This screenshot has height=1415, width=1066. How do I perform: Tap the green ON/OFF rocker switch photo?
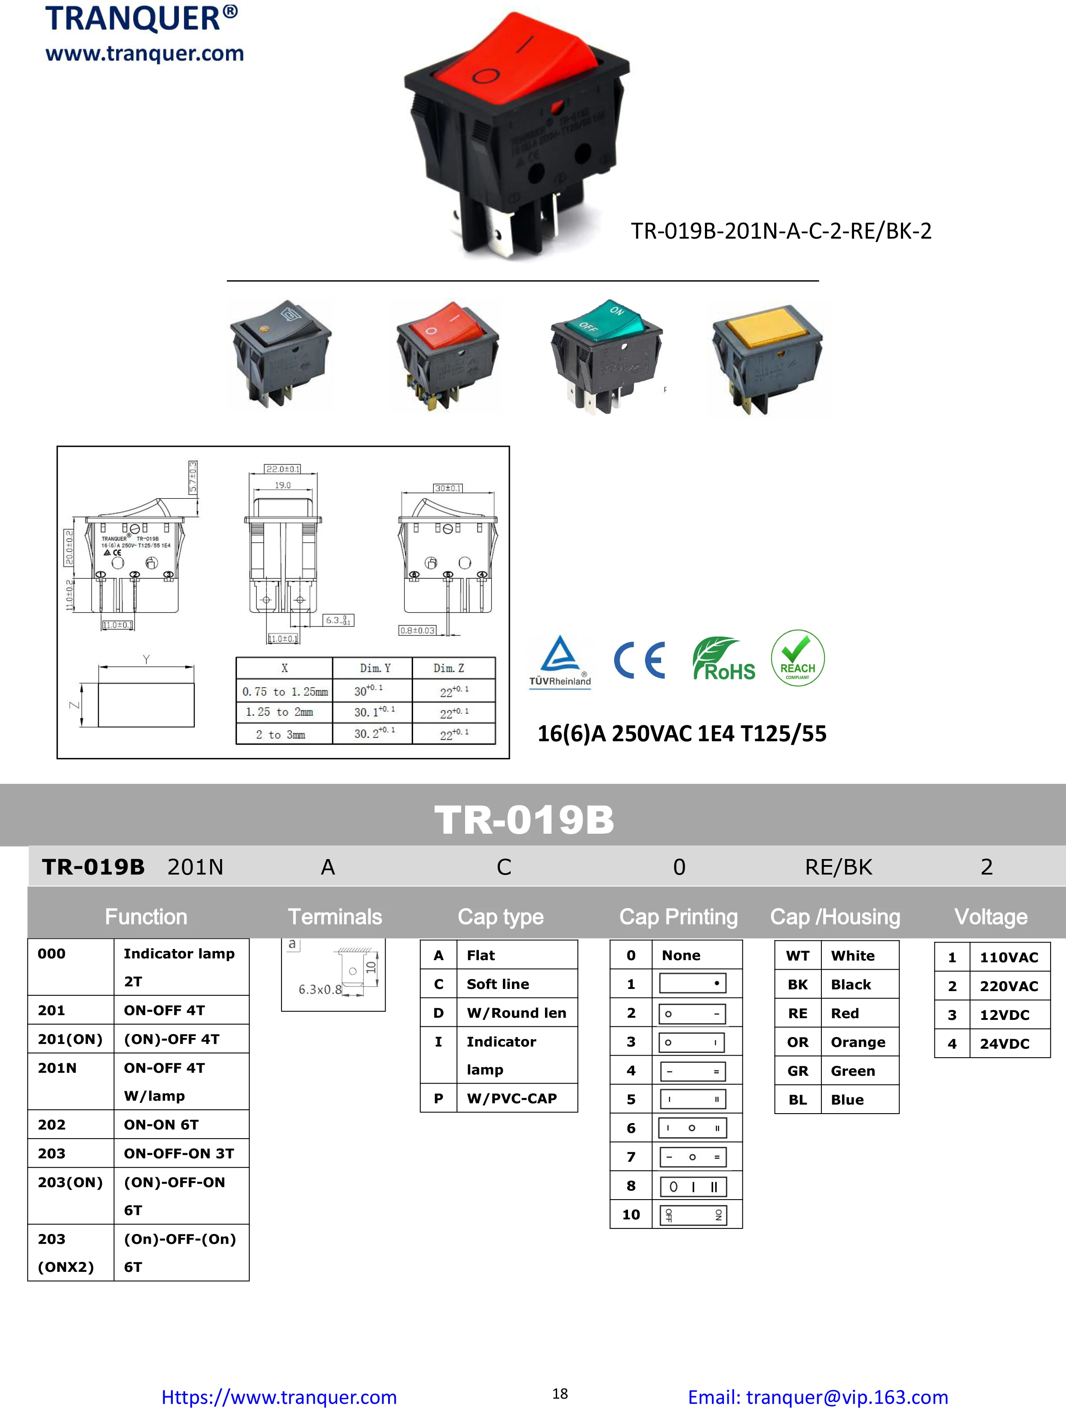pos(606,355)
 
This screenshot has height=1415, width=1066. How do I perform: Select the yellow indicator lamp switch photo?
pos(767,358)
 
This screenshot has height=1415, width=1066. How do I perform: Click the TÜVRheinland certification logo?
pos(560,661)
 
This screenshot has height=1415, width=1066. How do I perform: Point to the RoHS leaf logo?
pos(723,659)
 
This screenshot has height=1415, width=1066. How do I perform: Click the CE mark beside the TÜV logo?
pos(640,660)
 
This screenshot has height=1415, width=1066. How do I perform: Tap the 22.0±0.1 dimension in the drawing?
pos(283,469)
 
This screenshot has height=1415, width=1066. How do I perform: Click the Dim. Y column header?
pos(375,668)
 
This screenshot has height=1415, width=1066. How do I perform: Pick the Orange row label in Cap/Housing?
pos(858,1042)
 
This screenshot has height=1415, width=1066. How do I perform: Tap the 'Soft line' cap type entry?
pos(497,984)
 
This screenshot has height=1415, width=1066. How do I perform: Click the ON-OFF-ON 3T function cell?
pos(179,1153)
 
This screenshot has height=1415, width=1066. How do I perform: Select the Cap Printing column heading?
pos(678,917)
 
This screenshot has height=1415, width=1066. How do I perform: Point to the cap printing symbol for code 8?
pos(692,1187)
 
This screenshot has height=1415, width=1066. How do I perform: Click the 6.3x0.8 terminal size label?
pos(320,990)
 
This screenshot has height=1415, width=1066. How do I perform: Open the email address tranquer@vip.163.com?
pos(817,1397)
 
